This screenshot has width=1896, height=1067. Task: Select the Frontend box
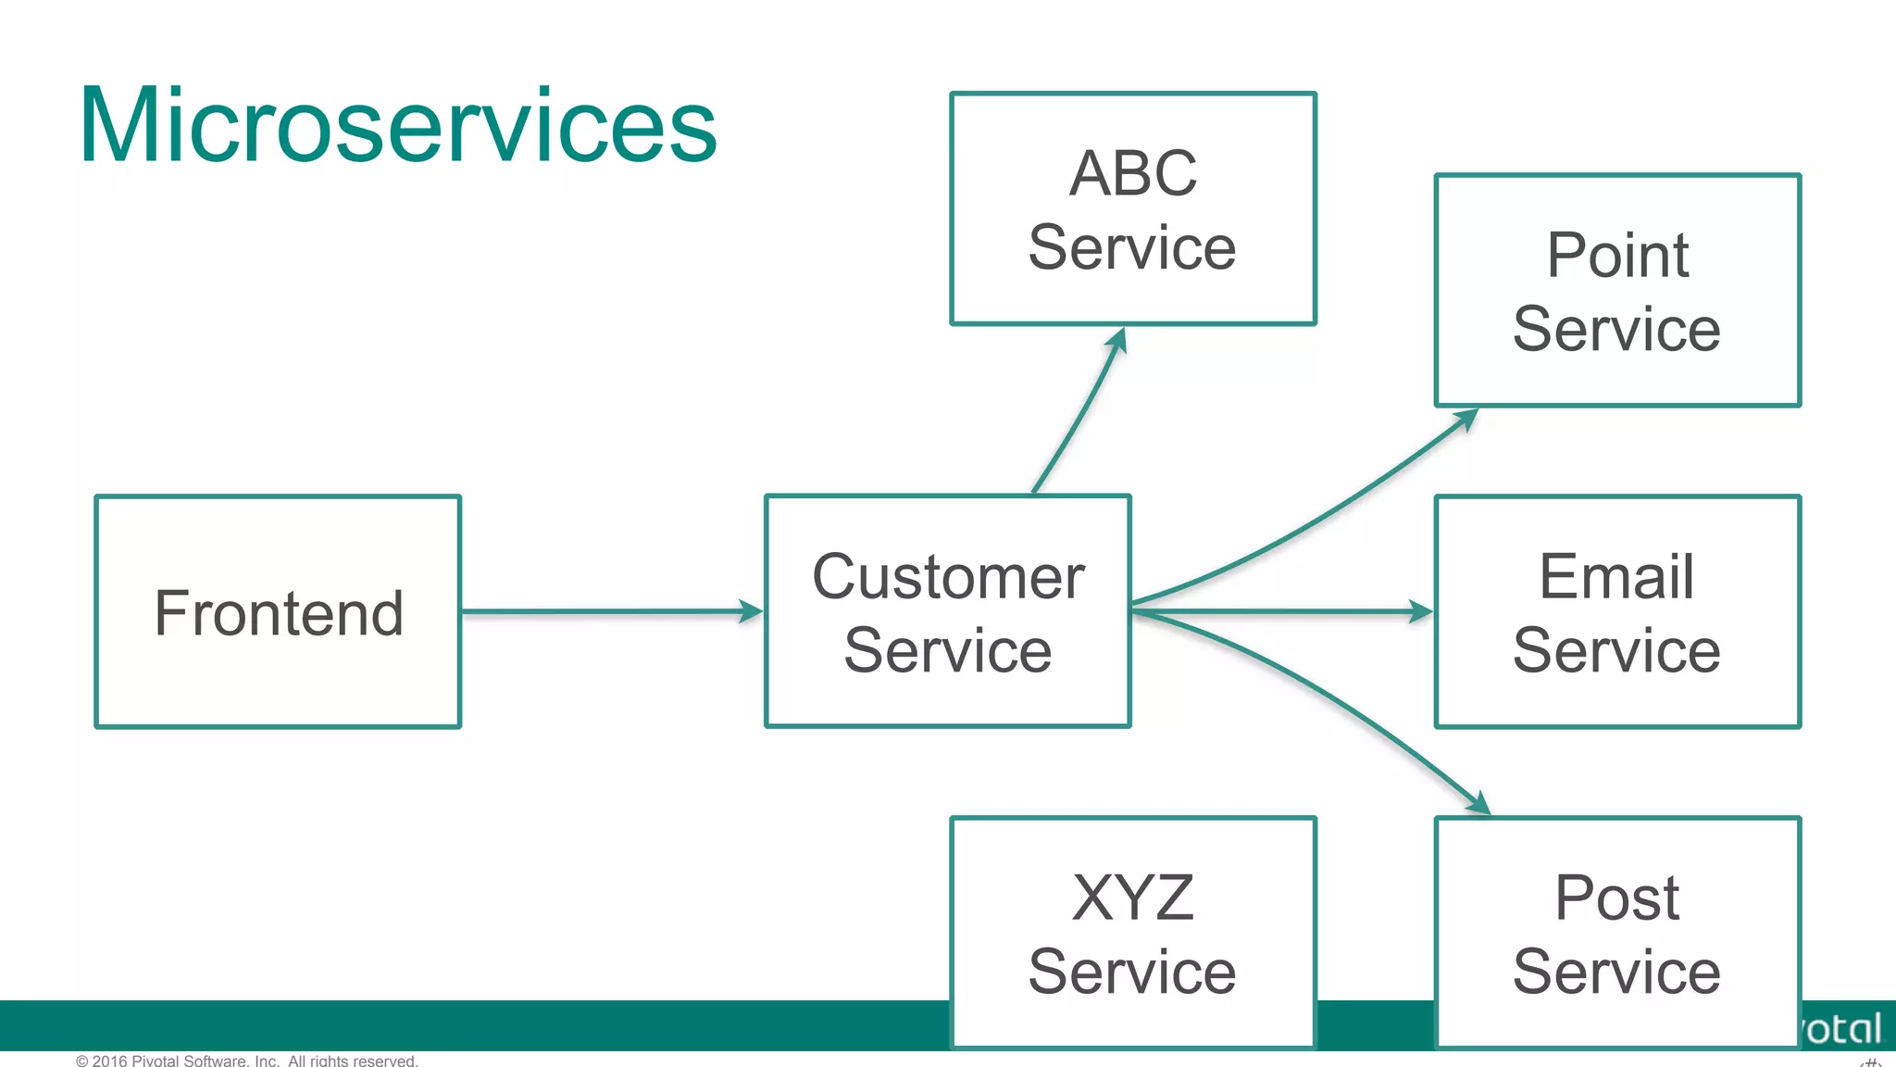coord(278,612)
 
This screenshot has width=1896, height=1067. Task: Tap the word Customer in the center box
coord(948,577)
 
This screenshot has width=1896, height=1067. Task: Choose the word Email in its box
coord(1616,576)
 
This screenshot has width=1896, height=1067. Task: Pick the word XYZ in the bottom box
coord(1133,898)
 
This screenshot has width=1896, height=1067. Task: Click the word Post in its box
coord(1616,898)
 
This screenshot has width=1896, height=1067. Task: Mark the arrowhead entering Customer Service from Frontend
coord(751,611)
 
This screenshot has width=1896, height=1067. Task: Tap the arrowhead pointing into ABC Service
coord(1118,340)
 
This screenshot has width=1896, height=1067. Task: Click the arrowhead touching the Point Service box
coord(1466,420)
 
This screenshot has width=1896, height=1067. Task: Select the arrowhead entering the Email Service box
coord(1420,611)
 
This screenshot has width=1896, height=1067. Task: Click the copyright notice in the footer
coord(247,1060)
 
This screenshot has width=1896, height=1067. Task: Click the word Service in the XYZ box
coord(1132,972)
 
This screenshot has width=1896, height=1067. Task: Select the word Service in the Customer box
coord(948,650)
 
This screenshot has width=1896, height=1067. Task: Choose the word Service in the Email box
coord(1616,650)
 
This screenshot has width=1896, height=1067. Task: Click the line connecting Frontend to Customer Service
coord(602,611)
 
